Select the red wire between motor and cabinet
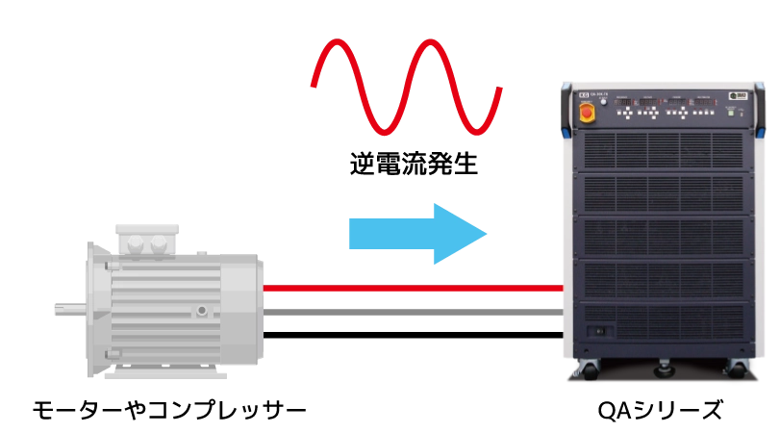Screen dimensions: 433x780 pyautogui.click(x=414, y=288)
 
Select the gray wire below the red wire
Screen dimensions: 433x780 pyautogui.click(x=414, y=312)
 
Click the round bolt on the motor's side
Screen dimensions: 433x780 pyautogui.click(x=201, y=311)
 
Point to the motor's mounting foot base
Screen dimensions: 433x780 pyautogui.click(x=159, y=375)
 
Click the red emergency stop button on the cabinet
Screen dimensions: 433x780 pyautogui.click(x=586, y=113)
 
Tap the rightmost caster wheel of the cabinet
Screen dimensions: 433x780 pyautogui.click(x=739, y=368)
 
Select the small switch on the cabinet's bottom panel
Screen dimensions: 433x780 pyautogui.click(x=601, y=331)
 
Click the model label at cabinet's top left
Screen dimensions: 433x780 pyautogui.click(x=592, y=96)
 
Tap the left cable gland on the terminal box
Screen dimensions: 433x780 pyautogui.click(x=135, y=246)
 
